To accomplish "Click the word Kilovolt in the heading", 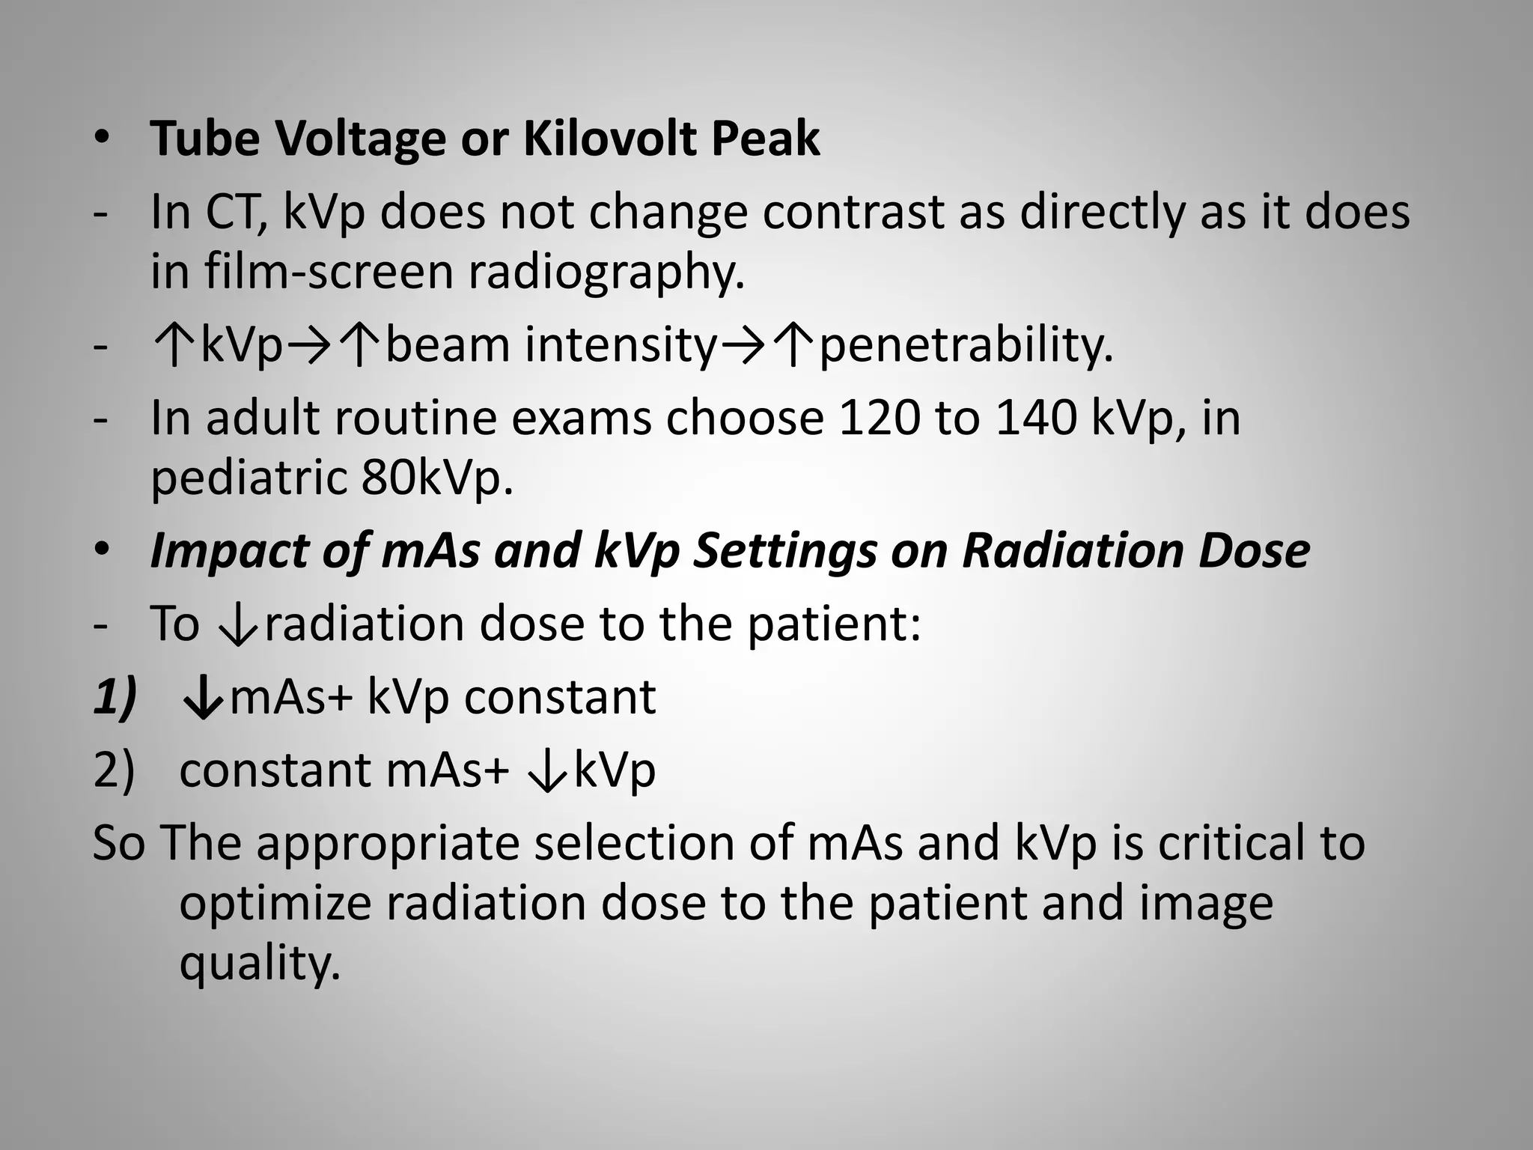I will click(609, 139).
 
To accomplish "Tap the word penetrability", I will click(966, 346).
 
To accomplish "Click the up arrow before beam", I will click(361, 346).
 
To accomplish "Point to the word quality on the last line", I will click(259, 964).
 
